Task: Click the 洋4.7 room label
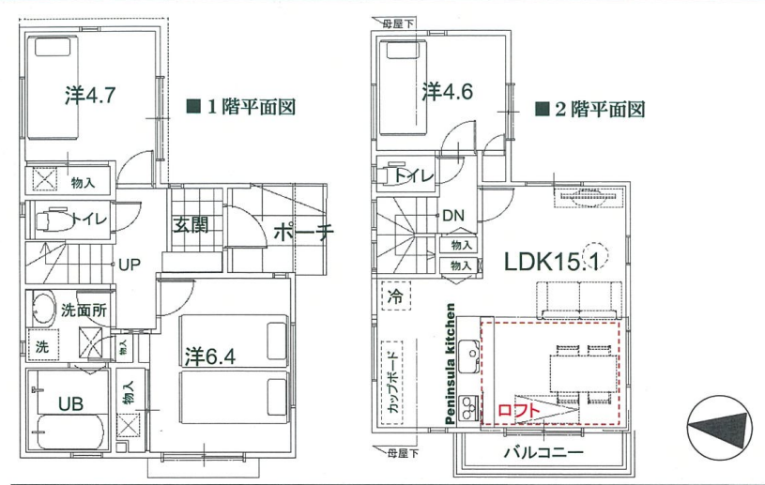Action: coord(90,95)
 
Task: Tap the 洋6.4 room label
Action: coord(210,356)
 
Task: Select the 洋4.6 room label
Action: coord(447,91)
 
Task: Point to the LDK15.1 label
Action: coord(551,262)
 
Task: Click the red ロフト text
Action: coord(519,411)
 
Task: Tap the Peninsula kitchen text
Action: coord(450,364)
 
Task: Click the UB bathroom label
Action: coord(70,403)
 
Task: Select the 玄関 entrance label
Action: coord(191,225)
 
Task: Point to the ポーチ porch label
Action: coord(303,233)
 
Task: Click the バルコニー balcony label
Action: coord(543,453)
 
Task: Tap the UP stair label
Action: coord(130,265)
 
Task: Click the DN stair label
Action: coord(452,216)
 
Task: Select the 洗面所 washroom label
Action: coord(84,311)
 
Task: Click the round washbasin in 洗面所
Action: coord(44,310)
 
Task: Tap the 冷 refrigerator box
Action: coord(396,296)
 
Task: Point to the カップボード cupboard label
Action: coord(391,383)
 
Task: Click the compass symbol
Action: coord(719,428)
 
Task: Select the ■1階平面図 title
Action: coord(241,107)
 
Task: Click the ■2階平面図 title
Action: coord(590,109)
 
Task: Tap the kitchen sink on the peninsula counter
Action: coord(469,350)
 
